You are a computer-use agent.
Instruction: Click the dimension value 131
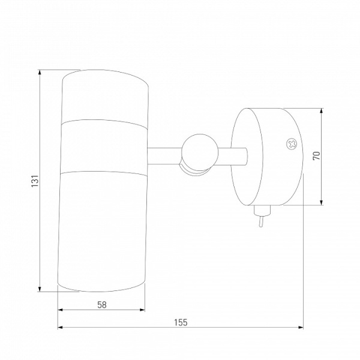click(x=35, y=181)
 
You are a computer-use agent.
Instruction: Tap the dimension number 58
click(x=102, y=305)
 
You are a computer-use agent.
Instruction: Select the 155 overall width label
click(x=181, y=322)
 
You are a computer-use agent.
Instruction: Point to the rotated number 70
click(x=316, y=156)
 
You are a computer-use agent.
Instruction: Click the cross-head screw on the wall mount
click(x=292, y=144)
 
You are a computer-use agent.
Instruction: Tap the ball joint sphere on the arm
click(x=199, y=152)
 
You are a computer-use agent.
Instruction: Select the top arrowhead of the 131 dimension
click(x=40, y=72)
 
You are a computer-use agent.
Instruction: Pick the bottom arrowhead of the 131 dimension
click(x=40, y=289)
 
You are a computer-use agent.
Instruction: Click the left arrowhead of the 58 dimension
click(x=60, y=310)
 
